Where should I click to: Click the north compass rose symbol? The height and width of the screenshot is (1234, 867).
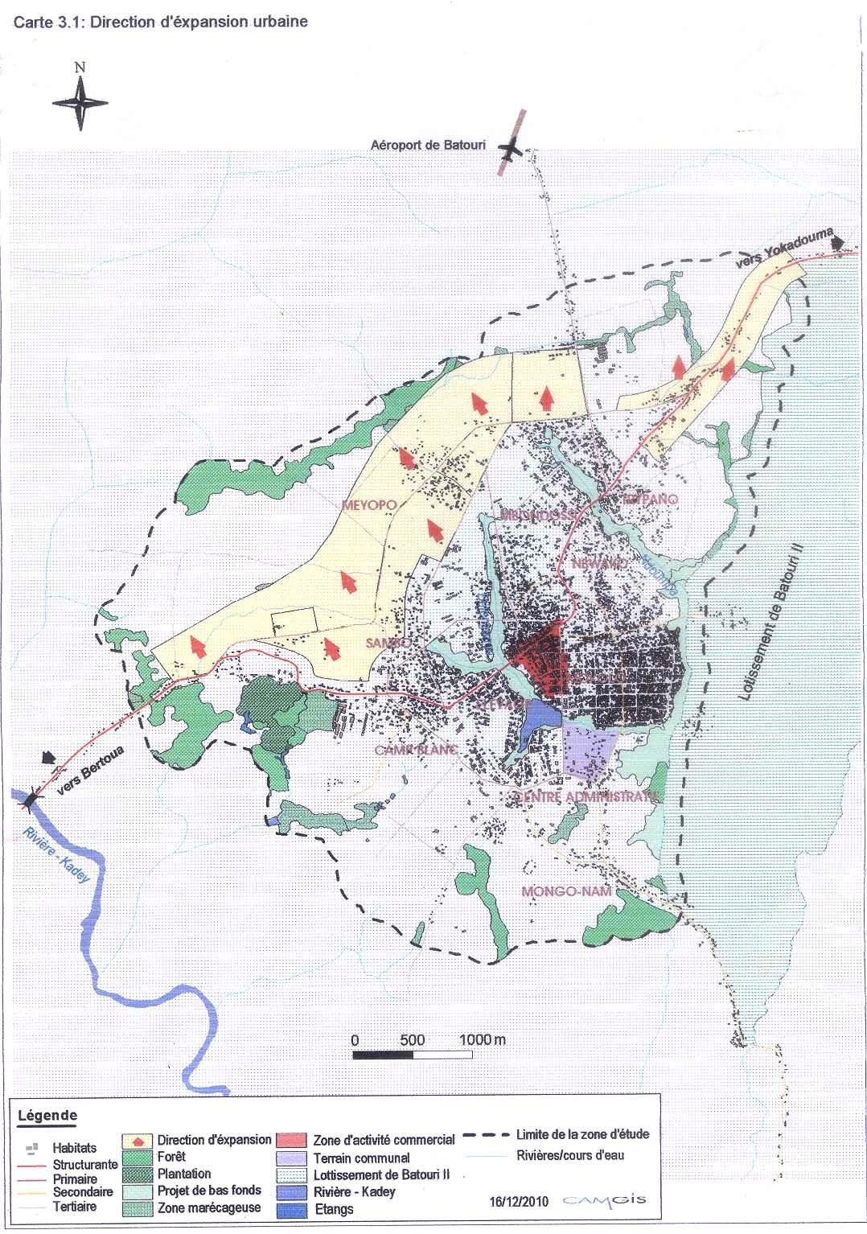point(80,101)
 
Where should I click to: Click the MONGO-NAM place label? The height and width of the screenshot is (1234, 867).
point(566,891)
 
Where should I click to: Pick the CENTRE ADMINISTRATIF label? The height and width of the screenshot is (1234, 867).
point(586,796)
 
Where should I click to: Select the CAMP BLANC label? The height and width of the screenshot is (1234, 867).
point(416,750)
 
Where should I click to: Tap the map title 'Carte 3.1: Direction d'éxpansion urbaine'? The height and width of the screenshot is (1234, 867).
point(160,23)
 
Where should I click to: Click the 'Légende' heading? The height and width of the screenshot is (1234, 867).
point(47,1115)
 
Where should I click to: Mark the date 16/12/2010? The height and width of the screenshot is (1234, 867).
point(519,1203)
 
